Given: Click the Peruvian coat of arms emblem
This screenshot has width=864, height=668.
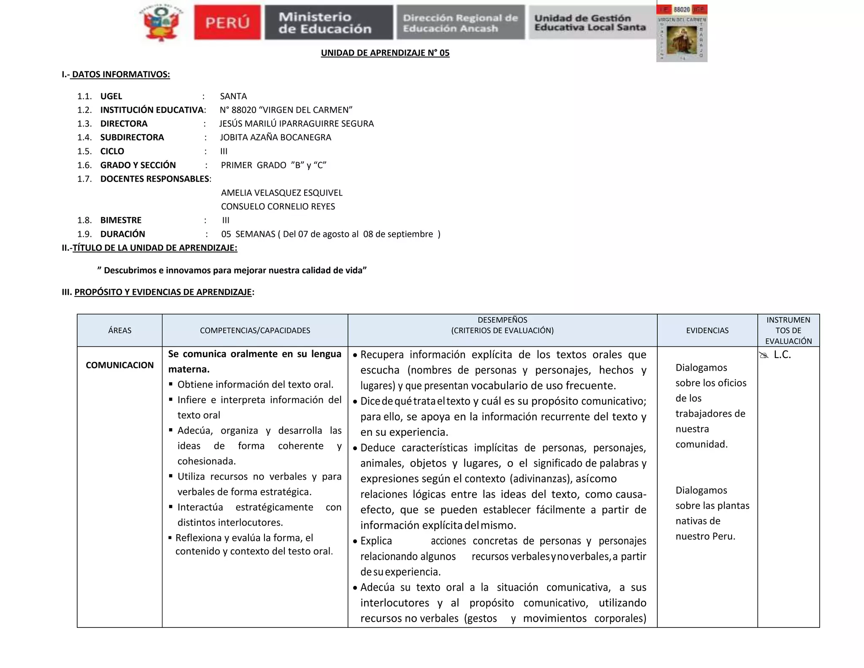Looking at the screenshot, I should [x=161, y=23].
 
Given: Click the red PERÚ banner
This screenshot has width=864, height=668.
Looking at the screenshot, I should [x=227, y=23].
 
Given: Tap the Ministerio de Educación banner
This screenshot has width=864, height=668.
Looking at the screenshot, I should [x=328, y=23].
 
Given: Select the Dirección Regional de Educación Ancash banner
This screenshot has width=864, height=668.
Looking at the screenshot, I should [x=460, y=23].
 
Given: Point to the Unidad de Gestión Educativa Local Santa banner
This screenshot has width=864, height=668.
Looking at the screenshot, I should [x=591, y=23].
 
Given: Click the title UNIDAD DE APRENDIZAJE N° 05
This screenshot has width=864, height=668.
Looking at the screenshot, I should [x=385, y=53].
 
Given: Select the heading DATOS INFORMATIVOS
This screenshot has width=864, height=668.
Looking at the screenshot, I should [x=121, y=75].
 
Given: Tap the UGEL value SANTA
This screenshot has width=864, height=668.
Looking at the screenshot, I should [x=233, y=96].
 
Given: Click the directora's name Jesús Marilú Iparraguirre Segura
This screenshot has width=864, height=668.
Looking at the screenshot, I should [x=296, y=124].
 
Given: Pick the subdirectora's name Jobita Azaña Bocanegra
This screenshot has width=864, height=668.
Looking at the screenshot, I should [x=275, y=137].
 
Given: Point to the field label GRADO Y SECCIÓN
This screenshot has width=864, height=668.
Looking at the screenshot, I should [x=138, y=165].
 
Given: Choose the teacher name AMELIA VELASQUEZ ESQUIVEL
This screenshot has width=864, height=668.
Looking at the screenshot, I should [x=282, y=193].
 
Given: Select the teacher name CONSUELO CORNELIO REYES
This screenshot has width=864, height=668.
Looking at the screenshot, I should [x=278, y=206].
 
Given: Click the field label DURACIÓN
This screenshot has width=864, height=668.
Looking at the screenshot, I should [x=122, y=234].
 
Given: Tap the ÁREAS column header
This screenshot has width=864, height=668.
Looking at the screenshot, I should [x=120, y=331].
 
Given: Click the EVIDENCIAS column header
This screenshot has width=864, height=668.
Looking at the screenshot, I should [x=707, y=331].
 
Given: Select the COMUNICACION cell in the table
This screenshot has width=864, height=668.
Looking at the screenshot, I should [x=120, y=365].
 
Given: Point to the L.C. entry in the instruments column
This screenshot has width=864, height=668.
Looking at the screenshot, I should [x=782, y=355].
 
